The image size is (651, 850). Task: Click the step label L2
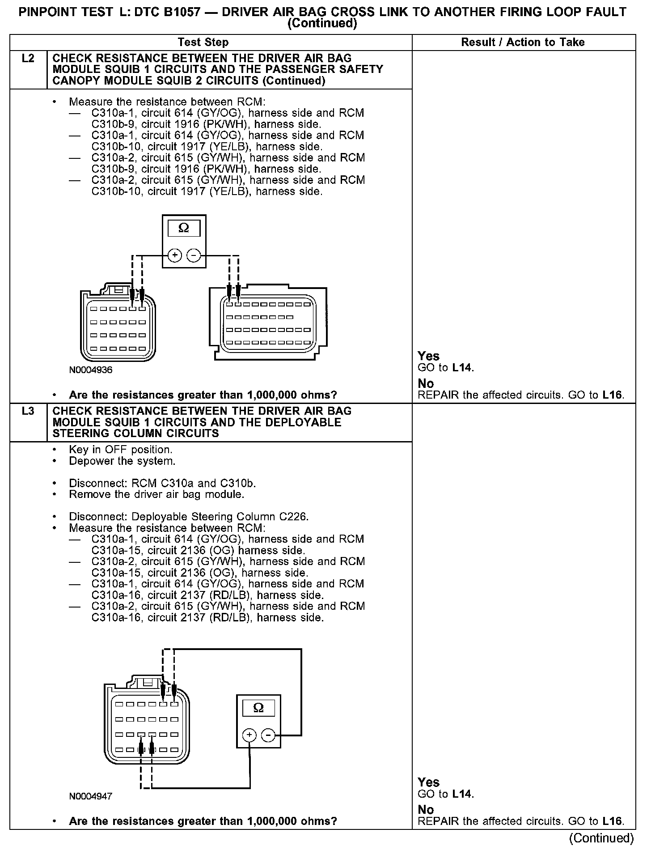pos(28,59)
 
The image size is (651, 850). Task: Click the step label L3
pos(28,411)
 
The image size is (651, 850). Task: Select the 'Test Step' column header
pos(203,42)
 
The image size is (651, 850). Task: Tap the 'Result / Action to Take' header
pos(523,42)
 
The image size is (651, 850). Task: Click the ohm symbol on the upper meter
pos(184,229)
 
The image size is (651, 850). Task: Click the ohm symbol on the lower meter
pos(258,708)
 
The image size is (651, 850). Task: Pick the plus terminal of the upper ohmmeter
pos(175,255)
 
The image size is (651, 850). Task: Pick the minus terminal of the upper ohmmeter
pos(194,255)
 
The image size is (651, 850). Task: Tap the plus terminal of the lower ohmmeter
pos(249,735)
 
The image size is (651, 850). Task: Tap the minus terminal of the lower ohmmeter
pos(268,735)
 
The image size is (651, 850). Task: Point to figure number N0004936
pos(91,370)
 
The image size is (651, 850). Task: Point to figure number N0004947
pos(91,797)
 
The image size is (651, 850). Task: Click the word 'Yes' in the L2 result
pos(428,356)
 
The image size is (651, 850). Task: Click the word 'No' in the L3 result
pos(426,810)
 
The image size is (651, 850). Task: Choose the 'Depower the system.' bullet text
pos(122,461)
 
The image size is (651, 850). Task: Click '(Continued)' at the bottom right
pos(601,837)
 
